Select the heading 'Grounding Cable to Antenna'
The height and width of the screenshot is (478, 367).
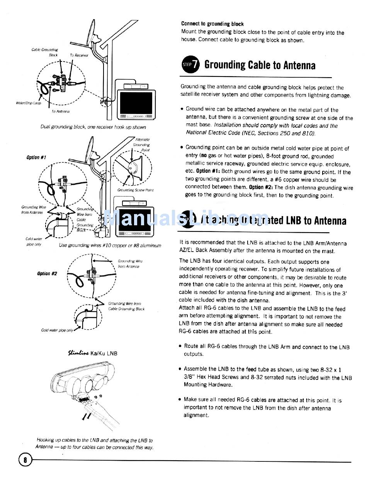point(260,65)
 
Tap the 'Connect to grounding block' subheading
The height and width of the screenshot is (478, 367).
point(212,24)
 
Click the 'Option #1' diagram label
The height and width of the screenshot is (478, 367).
point(36,157)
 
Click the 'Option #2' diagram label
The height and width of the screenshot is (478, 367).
point(47,274)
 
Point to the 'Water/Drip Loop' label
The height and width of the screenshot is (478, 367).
point(28,103)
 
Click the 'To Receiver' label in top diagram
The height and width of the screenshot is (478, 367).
point(79,55)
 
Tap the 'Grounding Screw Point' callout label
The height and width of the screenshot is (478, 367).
point(135,190)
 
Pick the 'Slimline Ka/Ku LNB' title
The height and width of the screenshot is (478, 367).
point(93,353)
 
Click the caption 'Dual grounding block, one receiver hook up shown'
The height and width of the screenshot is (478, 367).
point(93,127)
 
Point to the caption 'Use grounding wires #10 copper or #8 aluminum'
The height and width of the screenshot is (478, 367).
point(110,245)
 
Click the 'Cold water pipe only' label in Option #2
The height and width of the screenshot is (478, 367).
point(57,330)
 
